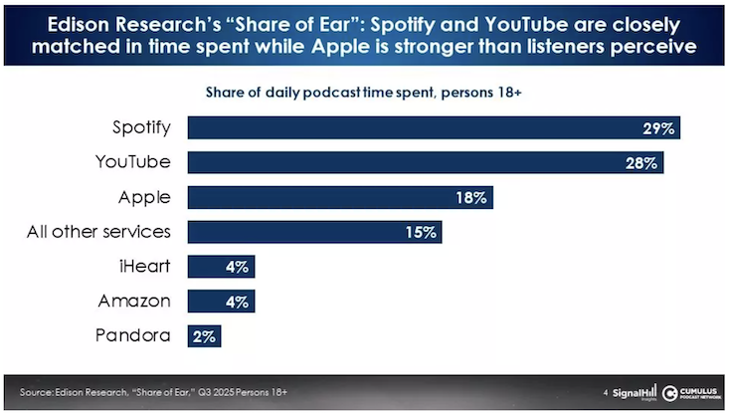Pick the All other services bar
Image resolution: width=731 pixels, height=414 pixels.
[x=314, y=232]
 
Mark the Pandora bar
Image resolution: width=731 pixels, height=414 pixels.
[x=204, y=334]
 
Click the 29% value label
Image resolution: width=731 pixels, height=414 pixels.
[x=659, y=128]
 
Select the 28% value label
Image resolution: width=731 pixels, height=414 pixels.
[x=643, y=162]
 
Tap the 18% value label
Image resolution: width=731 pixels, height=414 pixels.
[x=471, y=197]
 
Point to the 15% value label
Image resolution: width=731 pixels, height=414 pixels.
[x=421, y=232]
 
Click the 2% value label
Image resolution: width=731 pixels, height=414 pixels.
[x=204, y=334]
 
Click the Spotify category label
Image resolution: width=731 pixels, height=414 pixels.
[x=140, y=127]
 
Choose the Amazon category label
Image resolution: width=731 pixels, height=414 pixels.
[x=134, y=300]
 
